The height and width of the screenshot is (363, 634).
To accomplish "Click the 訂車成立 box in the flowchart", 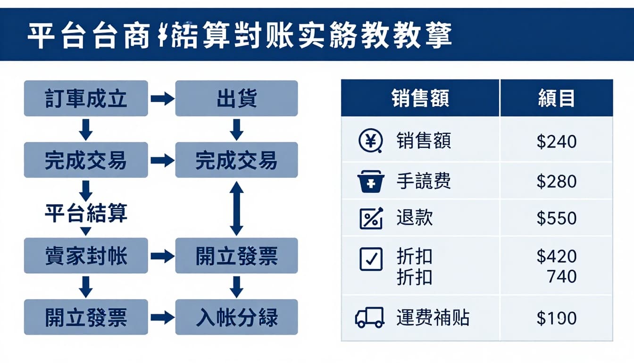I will (86, 98).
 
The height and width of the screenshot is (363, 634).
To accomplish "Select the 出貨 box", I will (236, 98).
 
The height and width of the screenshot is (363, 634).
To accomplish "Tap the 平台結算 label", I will (86, 213).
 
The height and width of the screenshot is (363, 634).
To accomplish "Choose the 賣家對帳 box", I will (86, 256).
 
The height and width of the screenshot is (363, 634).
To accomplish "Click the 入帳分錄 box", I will (236, 317).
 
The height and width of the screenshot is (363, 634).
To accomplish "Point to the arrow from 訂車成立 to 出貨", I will (162, 99).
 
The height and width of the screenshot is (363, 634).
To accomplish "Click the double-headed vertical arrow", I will (236, 208).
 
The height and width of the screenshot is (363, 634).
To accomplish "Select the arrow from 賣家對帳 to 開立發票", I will (162, 256).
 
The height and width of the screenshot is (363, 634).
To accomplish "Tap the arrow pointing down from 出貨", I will (236, 129).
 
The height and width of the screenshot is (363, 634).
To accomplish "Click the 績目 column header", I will (557, 98).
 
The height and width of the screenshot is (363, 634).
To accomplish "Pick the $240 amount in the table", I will (557, 141).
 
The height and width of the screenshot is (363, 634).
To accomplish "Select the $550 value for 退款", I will (557, 218).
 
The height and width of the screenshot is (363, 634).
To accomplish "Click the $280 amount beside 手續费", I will (557, 181).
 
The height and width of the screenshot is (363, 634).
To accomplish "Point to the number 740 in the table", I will (562, 276).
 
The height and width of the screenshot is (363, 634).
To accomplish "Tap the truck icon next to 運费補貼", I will (369, 317).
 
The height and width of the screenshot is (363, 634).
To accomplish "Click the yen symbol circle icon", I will (369, 141).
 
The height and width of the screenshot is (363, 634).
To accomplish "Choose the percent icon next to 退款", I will (371, 218).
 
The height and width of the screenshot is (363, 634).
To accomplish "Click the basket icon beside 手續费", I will (371, 181).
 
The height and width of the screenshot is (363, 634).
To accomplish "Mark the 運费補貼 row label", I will (433, 318).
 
